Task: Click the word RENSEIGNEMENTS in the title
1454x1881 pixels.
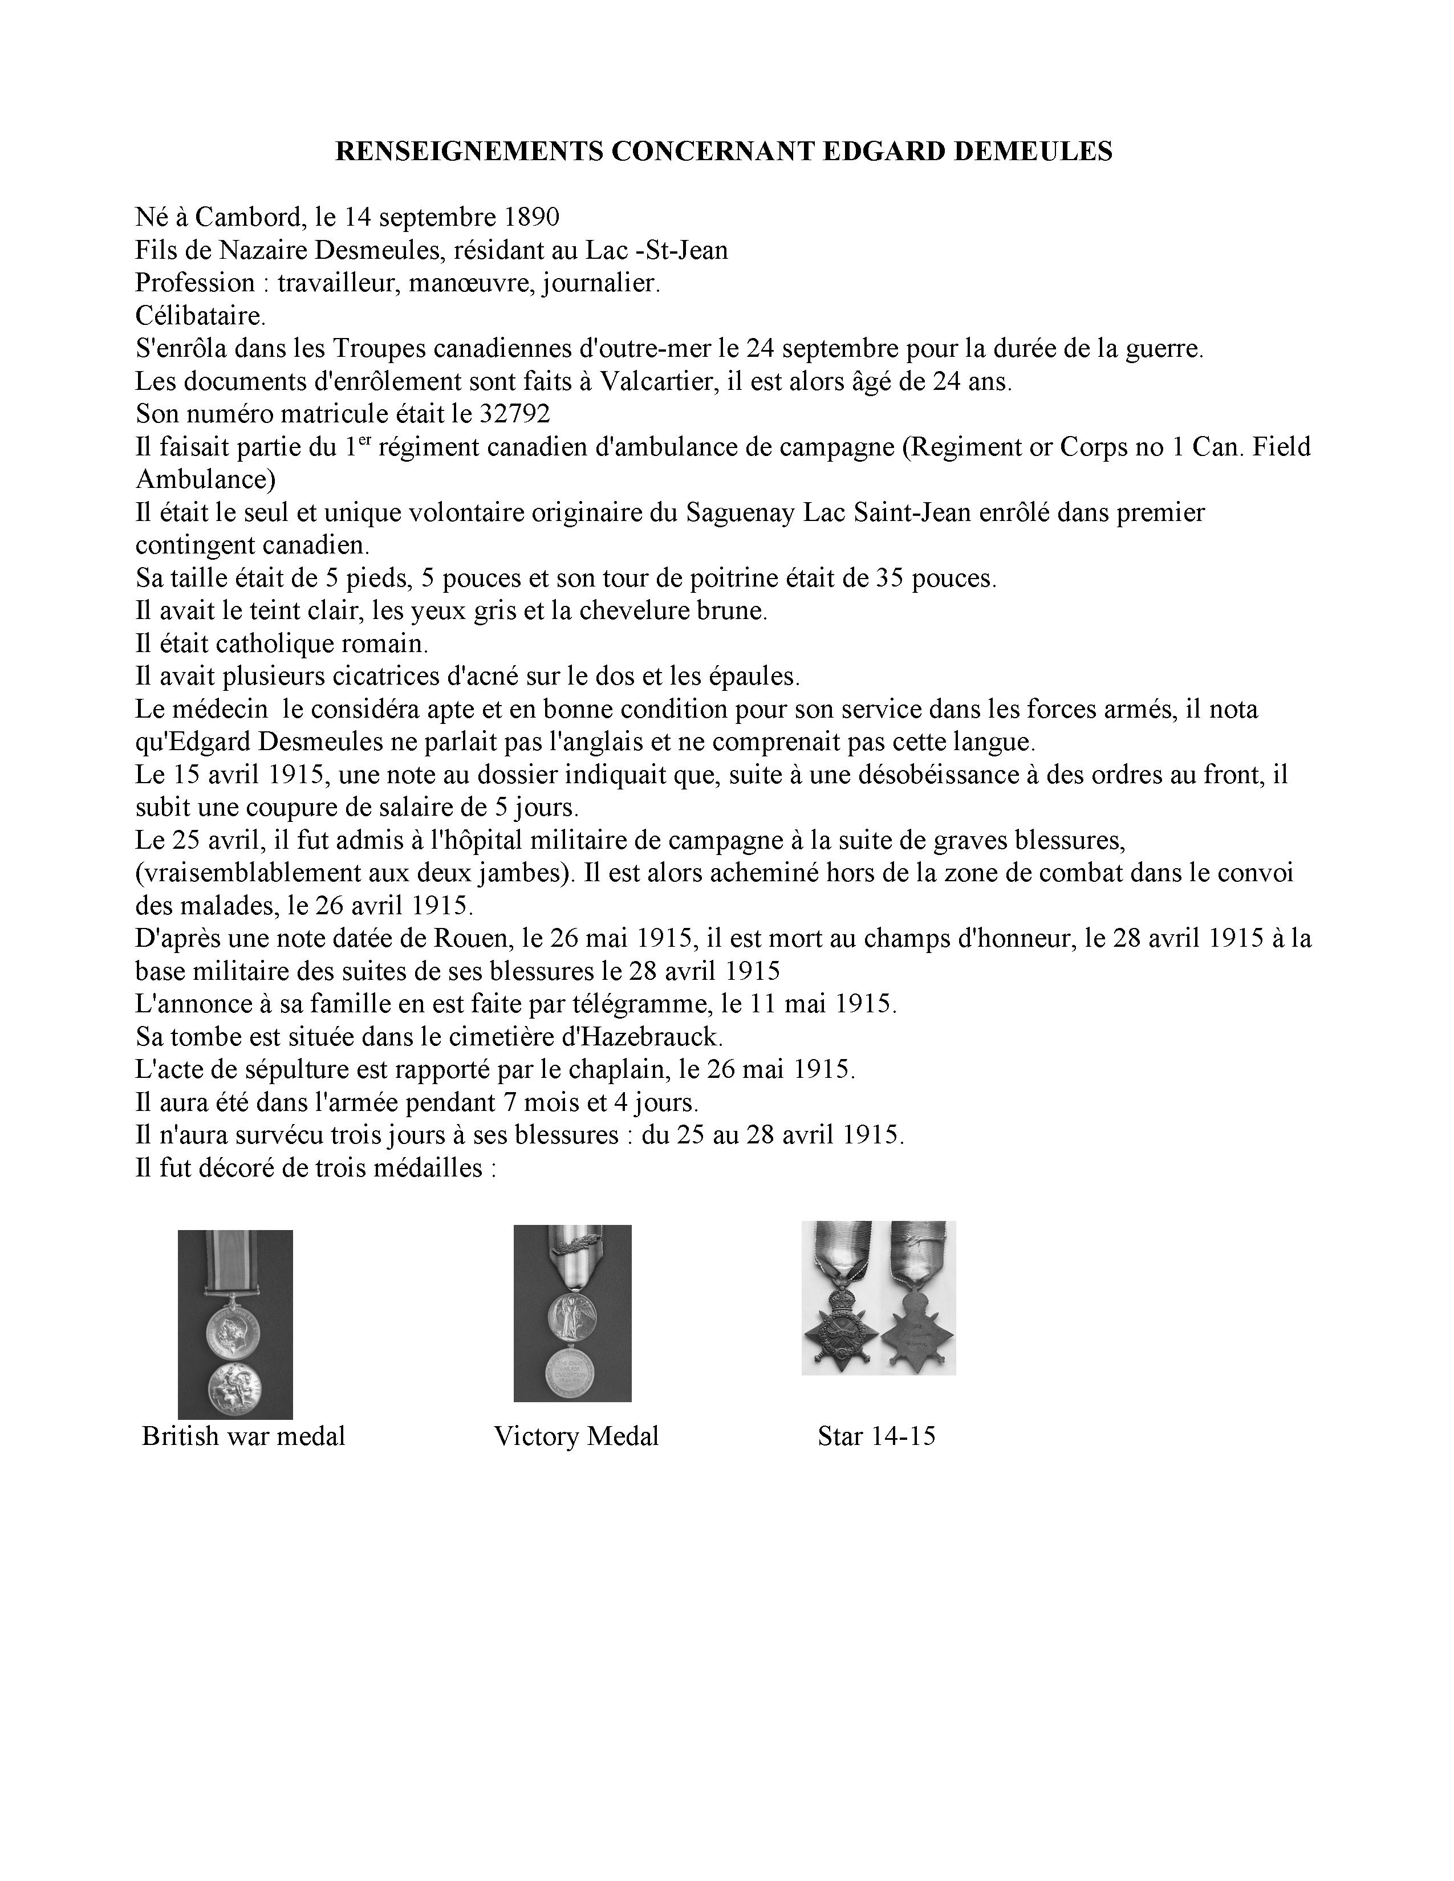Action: (x=469, y=152)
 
